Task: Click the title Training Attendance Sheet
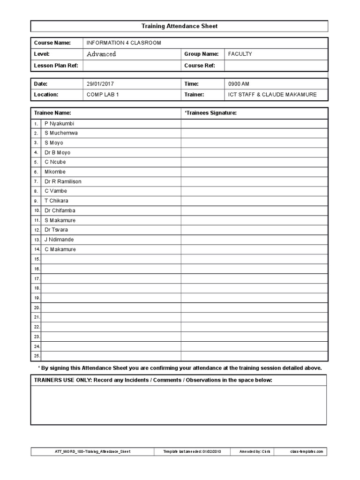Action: point(180,26)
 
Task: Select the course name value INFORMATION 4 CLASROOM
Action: point(124,43)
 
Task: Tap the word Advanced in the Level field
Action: point(101,54)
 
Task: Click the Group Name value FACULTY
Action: point(240,54)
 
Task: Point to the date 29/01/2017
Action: point(100,84)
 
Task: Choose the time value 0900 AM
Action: point(239,84)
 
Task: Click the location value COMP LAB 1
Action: point(103,94)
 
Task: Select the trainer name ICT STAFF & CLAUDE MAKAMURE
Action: point(272,94)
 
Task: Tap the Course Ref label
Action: point(200,66)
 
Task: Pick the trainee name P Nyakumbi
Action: point(60,123)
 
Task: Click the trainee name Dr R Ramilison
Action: point(63,181)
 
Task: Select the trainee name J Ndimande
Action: point(59,240)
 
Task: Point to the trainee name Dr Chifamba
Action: point(60,210)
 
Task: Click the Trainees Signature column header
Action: point(210,113)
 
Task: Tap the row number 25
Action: point(37,356)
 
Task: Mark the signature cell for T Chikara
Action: point(254,201)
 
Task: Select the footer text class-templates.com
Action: point(307,451)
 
